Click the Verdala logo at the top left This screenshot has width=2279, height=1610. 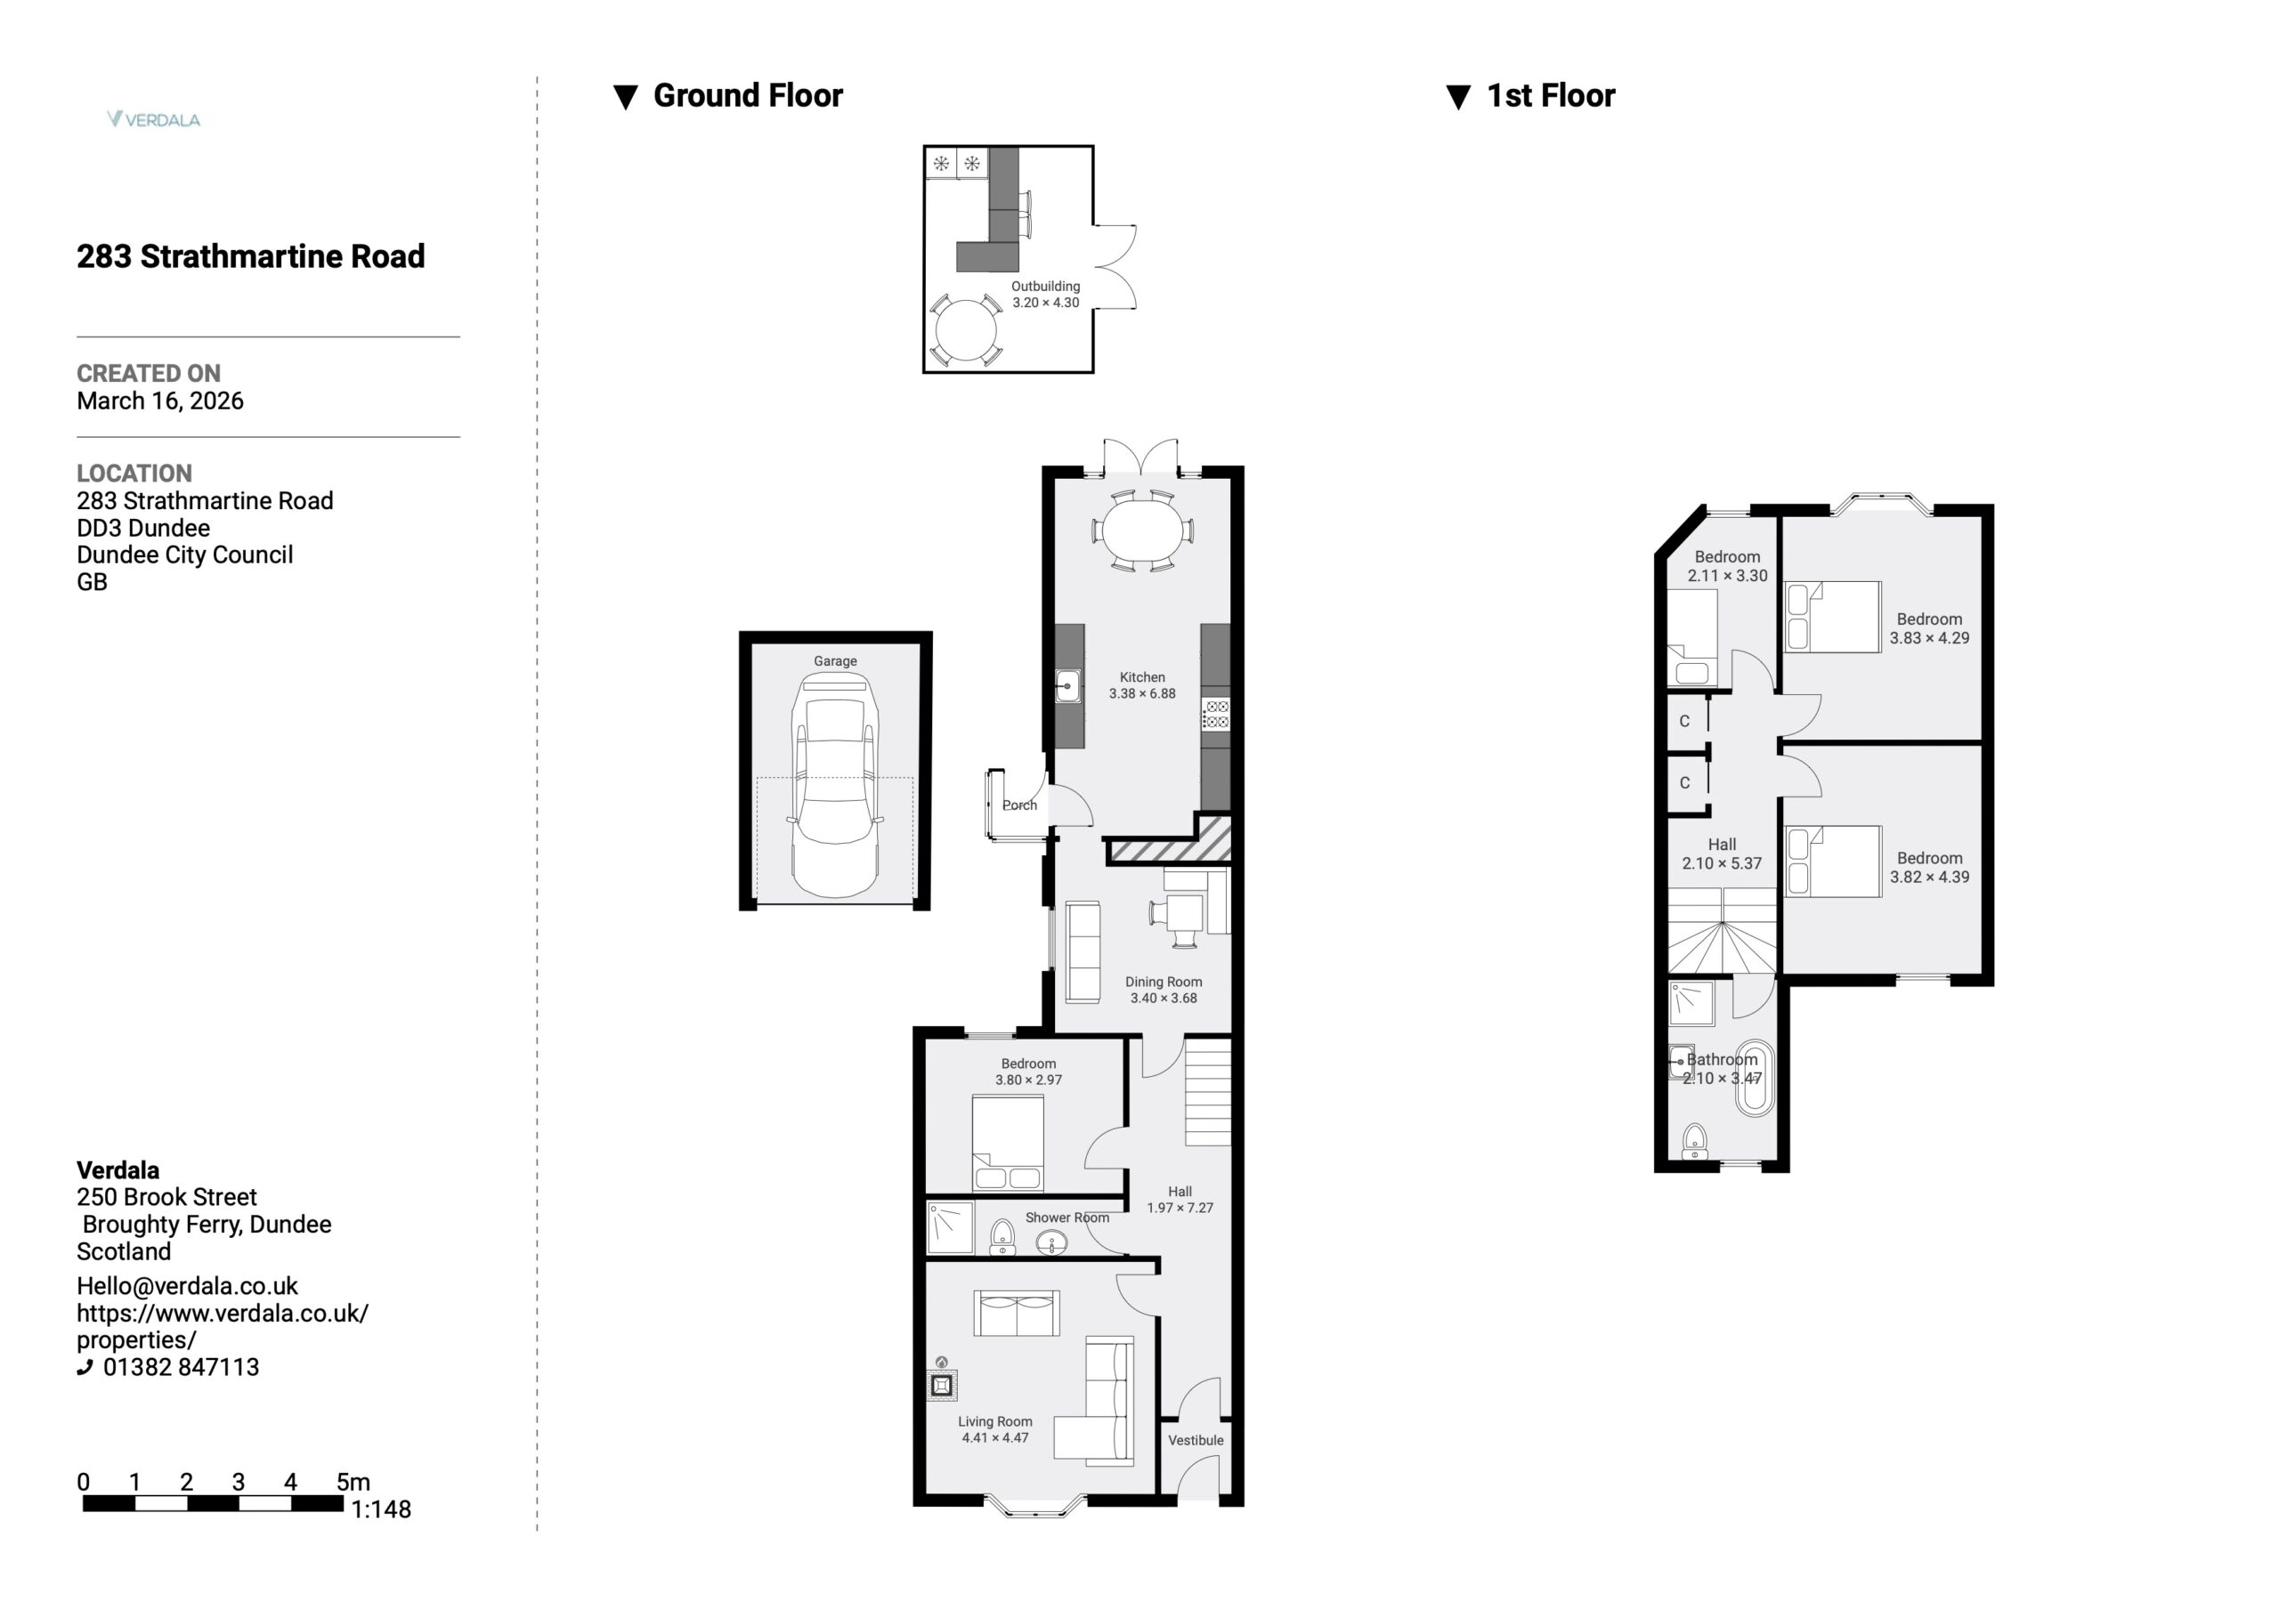(x=154, y=119)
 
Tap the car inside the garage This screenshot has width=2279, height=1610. (x=835, y=786)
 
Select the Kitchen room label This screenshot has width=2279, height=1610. (x=1142, y=677)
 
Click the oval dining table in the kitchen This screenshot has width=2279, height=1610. (x=1142, y=531)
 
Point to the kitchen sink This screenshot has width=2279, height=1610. (x=1068, y=686)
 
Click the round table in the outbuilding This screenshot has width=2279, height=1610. (x=965, y=330)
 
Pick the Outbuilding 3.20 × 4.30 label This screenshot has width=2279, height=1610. (x=1045, y=294)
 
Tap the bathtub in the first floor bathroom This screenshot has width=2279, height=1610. (x=1754, y=1078)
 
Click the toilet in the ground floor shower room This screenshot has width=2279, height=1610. (x=1002, y=1237)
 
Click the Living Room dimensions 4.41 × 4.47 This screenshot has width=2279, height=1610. (x=994, y=1437)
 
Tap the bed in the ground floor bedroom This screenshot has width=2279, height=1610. (x=1008, y=1143)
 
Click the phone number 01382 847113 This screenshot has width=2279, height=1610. (x=181, y=1367)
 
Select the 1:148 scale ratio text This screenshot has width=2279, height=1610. (x=381, y=1509)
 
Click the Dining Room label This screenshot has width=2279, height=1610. (x=1164, y=982)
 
